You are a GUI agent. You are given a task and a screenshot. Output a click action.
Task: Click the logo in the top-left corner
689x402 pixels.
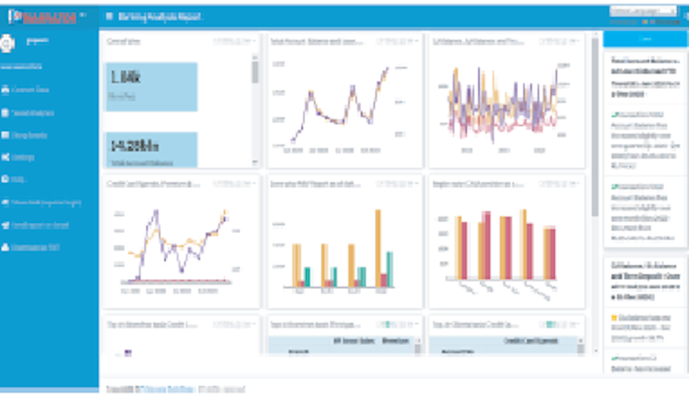pos(42,17)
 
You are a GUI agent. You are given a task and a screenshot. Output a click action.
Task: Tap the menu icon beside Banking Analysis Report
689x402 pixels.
pos(110,17)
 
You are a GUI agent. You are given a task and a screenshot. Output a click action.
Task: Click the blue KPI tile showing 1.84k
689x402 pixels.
pos(152,86)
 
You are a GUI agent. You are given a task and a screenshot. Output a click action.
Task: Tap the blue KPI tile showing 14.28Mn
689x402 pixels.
pos(152,150)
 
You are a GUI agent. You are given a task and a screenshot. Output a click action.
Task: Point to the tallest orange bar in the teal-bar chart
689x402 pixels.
pos(377,248)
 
